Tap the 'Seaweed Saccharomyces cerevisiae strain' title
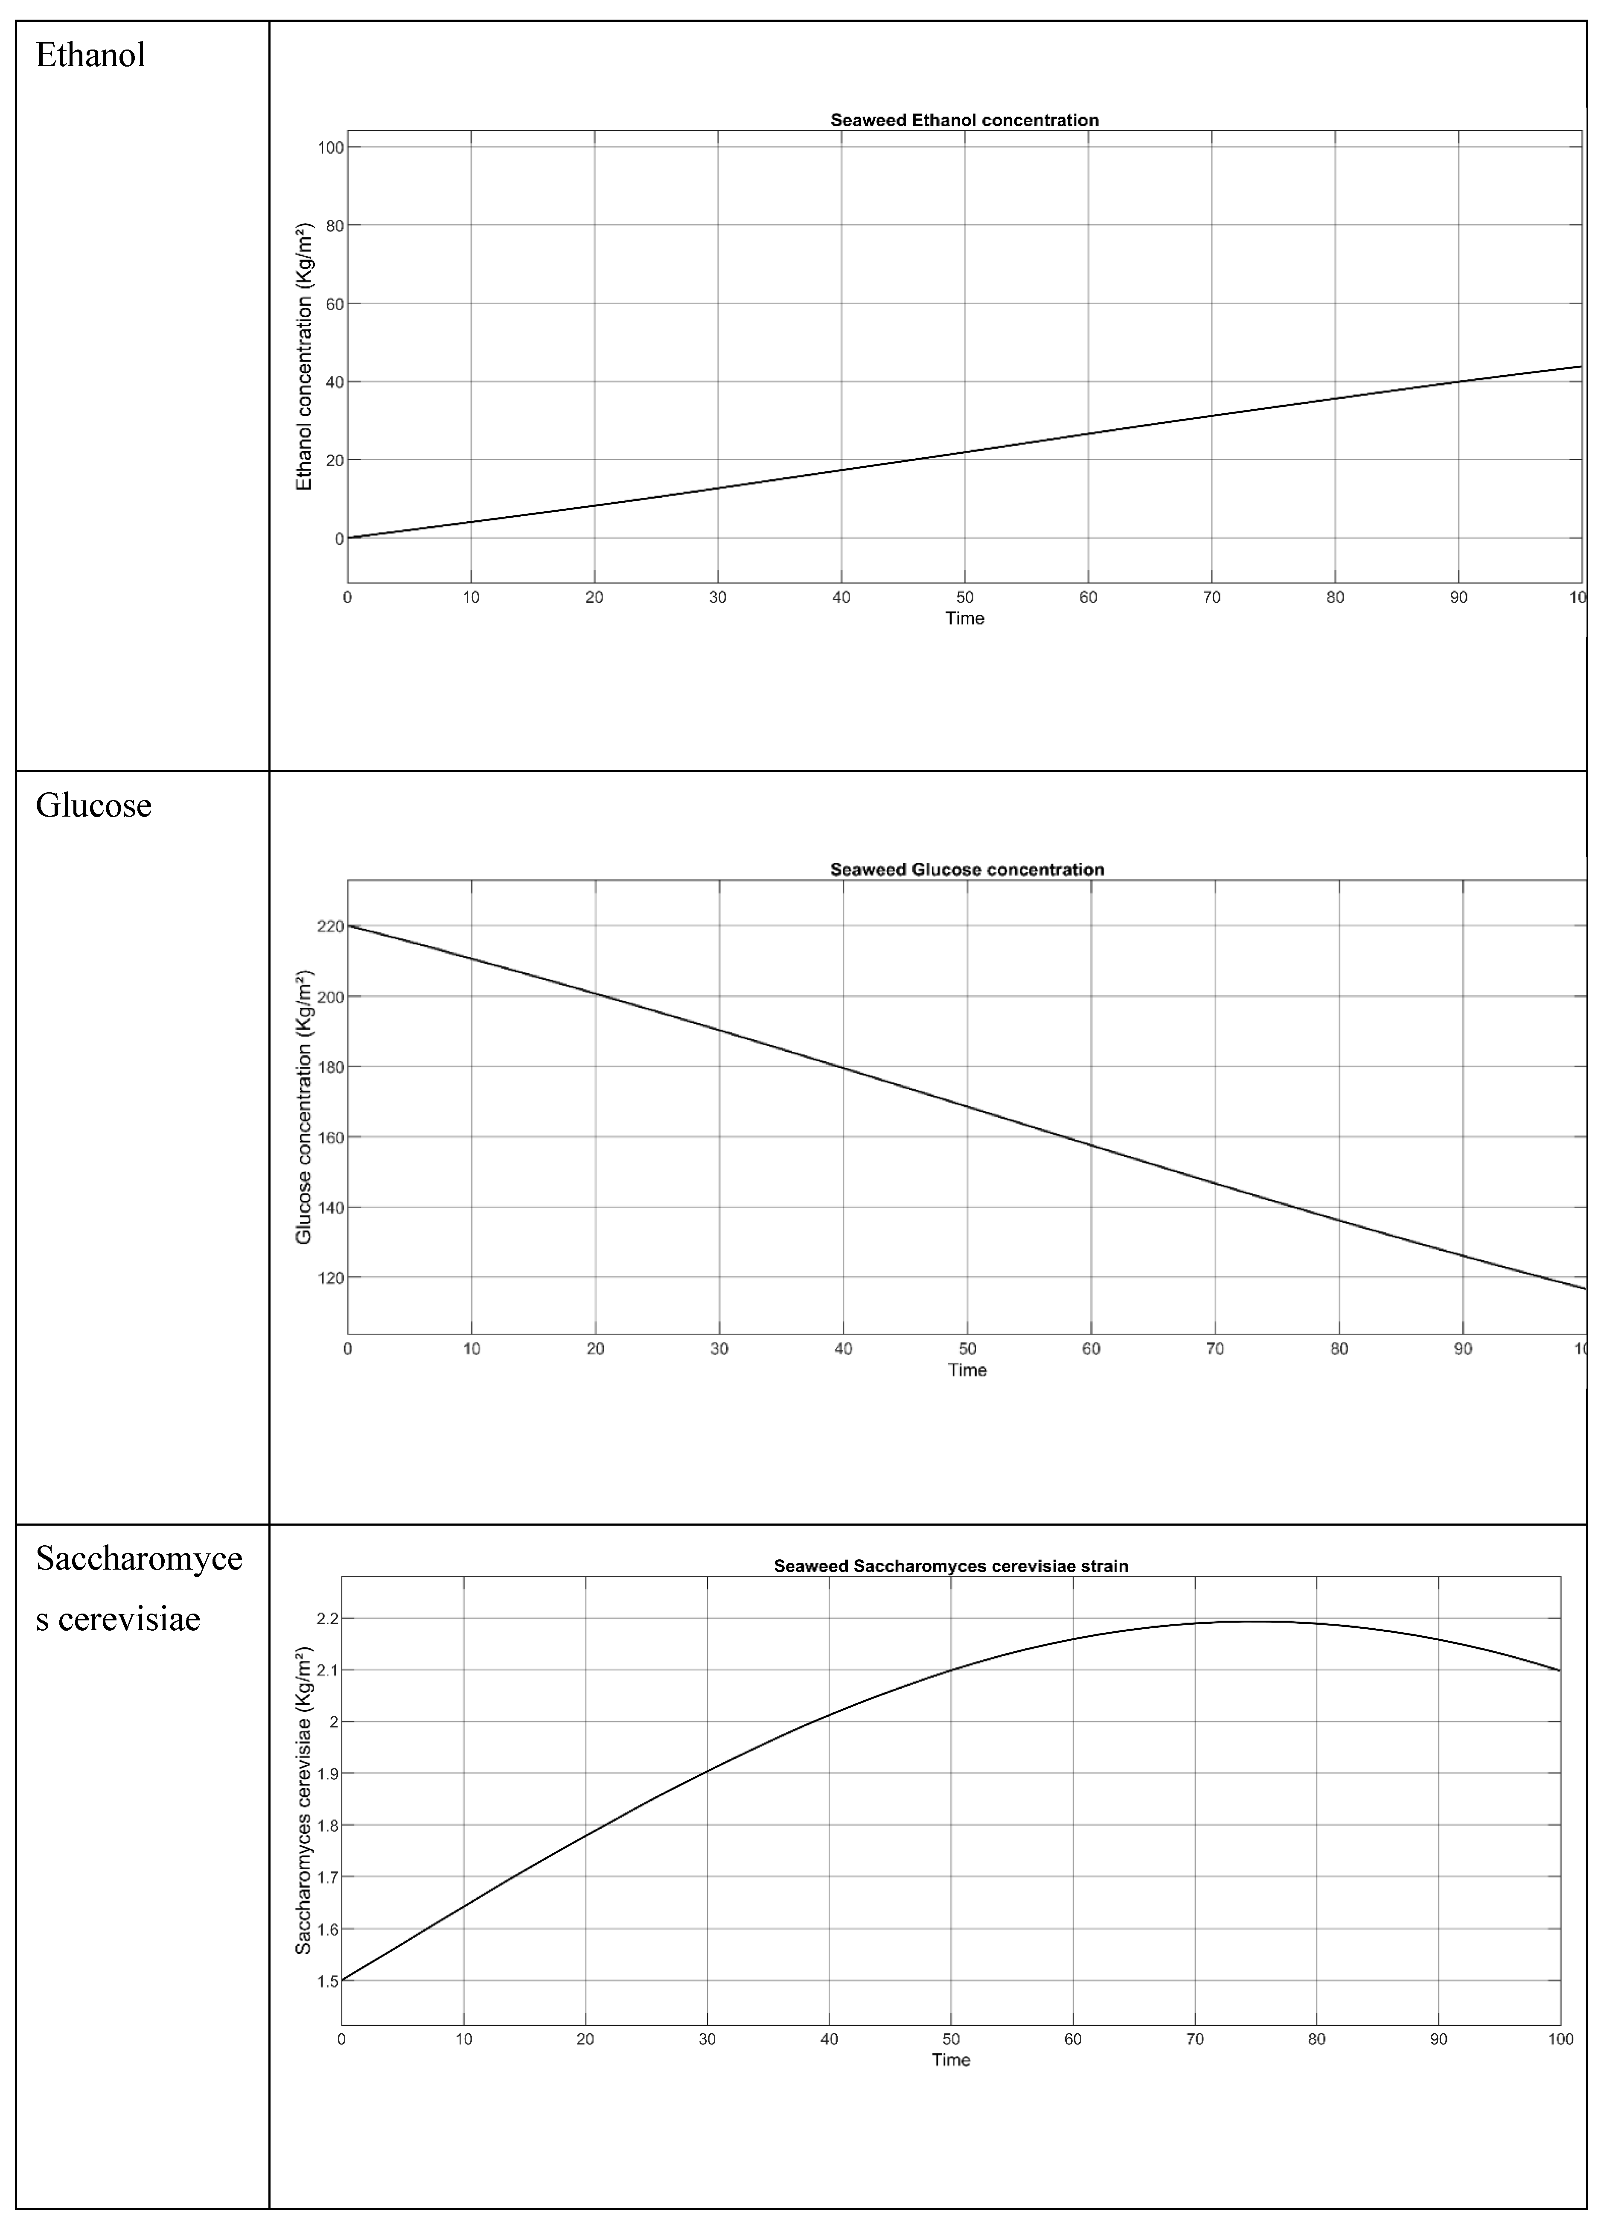950,1566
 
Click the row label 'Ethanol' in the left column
90,55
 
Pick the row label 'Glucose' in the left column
93,805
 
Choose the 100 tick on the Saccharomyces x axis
1560,2040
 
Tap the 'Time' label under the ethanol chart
964,619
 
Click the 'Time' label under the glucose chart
967,1370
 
